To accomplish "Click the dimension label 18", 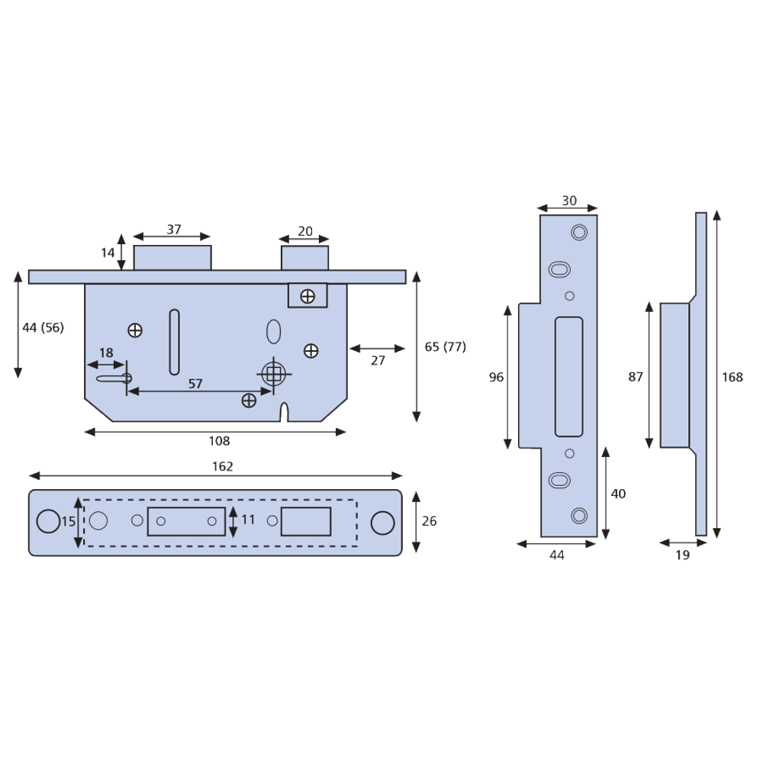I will point(105,352).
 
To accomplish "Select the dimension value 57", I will point(195,384).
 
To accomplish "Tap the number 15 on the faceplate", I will point(68,522).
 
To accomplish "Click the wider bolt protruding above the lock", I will point(172,257).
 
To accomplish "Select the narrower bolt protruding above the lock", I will point(305,257).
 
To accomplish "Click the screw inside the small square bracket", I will point(307,295).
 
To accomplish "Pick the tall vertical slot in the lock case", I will point(174,343).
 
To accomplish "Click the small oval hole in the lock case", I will point(273,331).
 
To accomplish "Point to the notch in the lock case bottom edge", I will point(284,412).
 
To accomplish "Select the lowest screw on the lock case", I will point(248,400).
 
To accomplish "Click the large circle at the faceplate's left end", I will point(47,520).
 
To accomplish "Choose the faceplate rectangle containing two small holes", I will point(186,521).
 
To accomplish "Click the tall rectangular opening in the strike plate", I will point(568,377).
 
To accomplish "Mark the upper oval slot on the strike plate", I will point(558,269).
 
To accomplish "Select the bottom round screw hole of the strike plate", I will point(579,515).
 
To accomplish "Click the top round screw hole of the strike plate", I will point(578,230).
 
